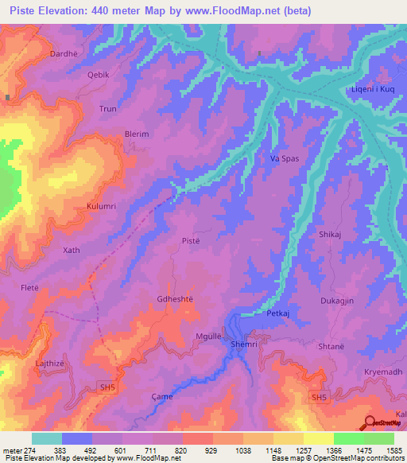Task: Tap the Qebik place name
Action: [x=98, y=73]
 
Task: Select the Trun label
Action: [x=107, y=108]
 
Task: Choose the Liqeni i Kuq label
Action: [x=373, y=89]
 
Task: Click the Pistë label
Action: [x=191, y=240]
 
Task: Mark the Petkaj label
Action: [x=277, y=313]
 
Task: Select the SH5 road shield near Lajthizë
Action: [x=107, y=387]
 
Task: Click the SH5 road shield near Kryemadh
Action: [x=319, y=398]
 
